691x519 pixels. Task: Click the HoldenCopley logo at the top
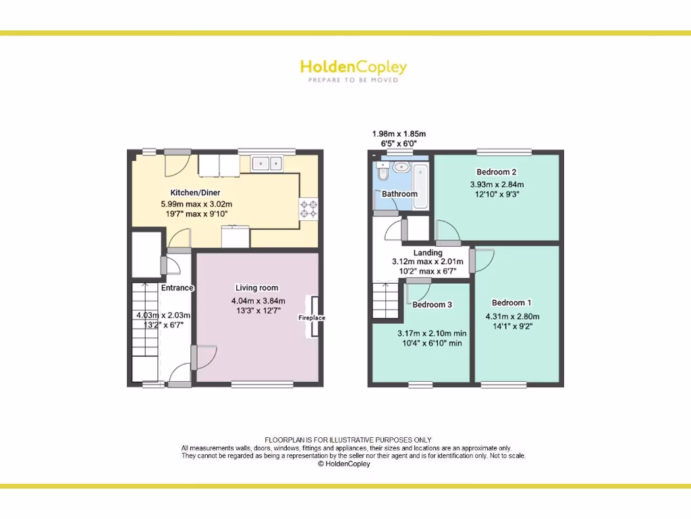pos(353,67)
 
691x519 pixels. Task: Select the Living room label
pos(256,288)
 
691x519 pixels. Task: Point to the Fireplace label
pos(312,318)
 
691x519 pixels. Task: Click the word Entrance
pos(177,288)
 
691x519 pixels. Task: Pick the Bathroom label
pos(399,194)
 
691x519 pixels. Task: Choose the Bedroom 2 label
pos(496,172)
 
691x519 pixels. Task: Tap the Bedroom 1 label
pos(512,303)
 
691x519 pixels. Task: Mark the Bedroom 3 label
pos(433,305)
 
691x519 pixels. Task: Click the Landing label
pos(428,253)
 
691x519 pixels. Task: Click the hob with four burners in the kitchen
pos(309,209)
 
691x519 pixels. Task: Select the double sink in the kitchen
pos(268,163)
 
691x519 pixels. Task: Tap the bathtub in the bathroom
pos(420,179)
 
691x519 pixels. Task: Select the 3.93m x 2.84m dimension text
pos(497,184)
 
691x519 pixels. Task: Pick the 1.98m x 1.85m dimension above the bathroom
pos(399,134)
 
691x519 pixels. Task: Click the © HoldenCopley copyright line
pos(344,464)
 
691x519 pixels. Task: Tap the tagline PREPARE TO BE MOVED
pos(353,80)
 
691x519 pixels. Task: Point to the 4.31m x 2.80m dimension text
pos(512,316)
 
